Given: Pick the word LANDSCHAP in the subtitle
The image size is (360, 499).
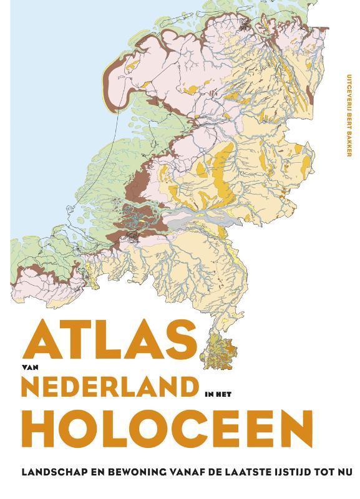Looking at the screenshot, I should click(47, 472).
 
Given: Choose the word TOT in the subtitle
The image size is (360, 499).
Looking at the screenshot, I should click(324, 472).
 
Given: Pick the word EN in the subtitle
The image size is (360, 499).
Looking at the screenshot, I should click(91, 472).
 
